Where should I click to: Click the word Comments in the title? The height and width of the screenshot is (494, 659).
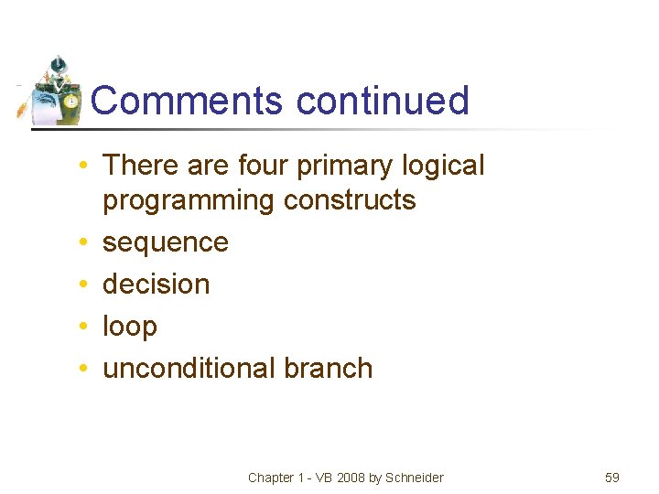click(188, 100)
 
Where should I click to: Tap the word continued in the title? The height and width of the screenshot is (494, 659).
click(383, 100)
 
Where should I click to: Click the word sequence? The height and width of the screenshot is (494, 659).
click(166, 242)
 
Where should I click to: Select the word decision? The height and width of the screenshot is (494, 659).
click(157, 285)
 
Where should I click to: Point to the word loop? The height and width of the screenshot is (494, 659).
click(130, 327)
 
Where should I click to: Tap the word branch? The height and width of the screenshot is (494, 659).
click(329, 368)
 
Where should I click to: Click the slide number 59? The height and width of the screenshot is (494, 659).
click(612, 478)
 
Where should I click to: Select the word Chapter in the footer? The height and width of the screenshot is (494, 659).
click(271, 478)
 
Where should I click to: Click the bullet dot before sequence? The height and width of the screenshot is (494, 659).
click(83, 243)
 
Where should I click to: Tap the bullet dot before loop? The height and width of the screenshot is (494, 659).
click(83, 328)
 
